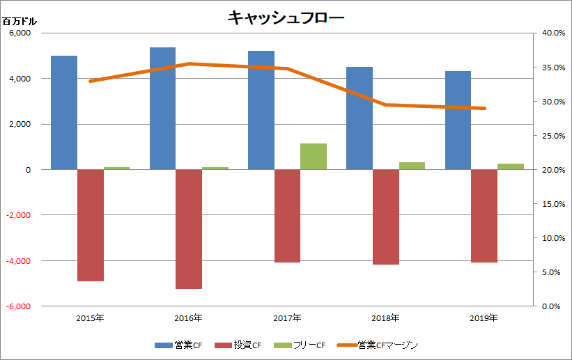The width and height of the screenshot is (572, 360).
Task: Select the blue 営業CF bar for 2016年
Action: (162, 108)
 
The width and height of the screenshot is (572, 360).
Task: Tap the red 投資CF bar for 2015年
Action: (90, 225)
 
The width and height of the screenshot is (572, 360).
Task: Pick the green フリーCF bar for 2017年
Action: (314, 156)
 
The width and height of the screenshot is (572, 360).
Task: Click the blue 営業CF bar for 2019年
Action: (458, 120)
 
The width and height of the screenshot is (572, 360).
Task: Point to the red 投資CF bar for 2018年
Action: (386, 217)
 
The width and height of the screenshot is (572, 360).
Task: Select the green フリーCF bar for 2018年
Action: (412, 166)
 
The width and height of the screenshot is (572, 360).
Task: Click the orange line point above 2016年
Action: (189, 64)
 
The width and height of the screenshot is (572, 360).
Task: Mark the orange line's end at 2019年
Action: (484, 109)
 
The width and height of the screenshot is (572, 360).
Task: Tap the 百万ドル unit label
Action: (20, 21)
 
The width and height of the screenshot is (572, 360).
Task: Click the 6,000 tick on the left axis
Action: (22, 33)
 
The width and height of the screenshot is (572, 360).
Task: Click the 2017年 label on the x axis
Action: (287, 318)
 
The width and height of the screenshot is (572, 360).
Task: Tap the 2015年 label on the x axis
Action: (90, 318)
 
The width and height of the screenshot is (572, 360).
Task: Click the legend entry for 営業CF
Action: (178, 345)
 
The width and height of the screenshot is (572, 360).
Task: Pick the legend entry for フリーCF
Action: (301, 345)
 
